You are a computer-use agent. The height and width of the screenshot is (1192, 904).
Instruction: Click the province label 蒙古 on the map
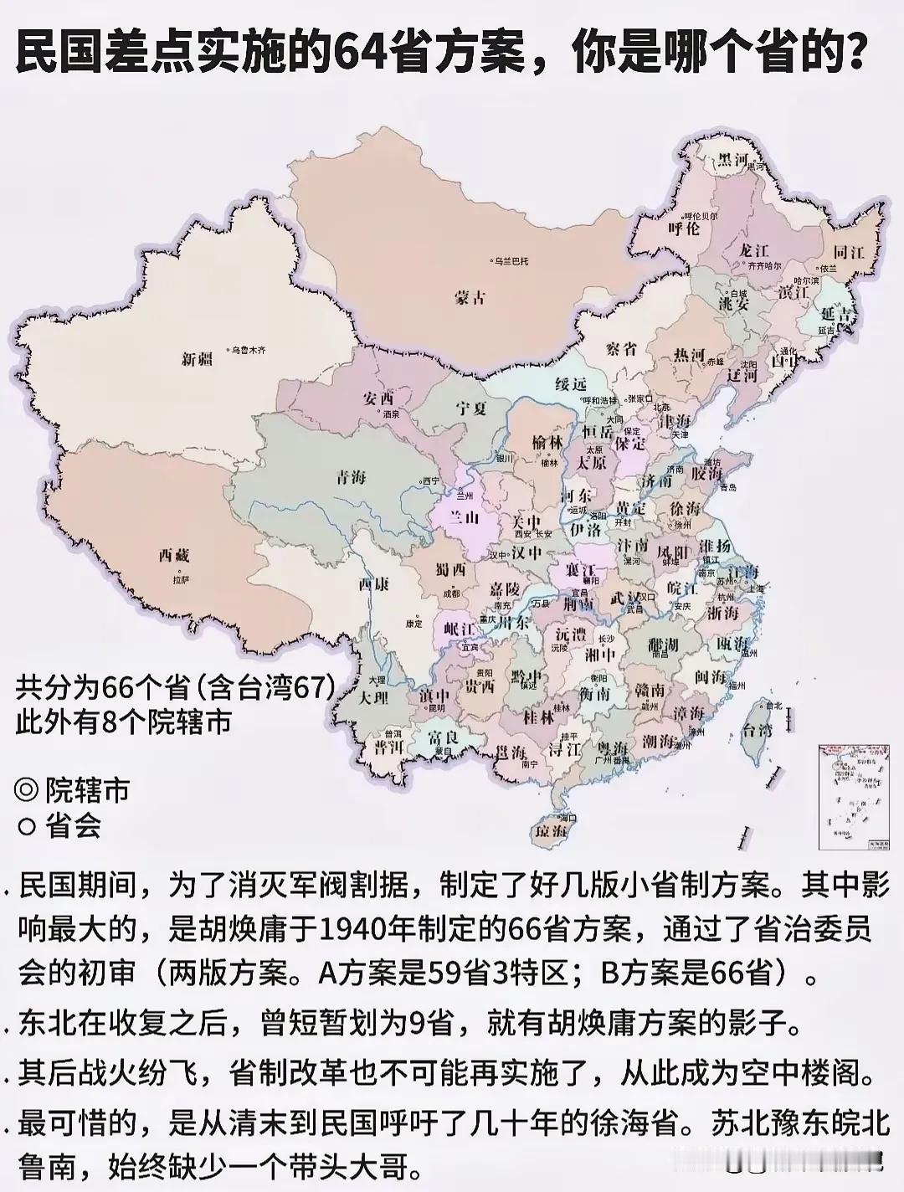point(470,297)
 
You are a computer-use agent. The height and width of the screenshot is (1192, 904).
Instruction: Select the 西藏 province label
point(174,555)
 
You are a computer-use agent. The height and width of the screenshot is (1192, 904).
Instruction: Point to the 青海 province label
point(352,478)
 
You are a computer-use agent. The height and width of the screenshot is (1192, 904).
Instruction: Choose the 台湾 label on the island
point(759,730)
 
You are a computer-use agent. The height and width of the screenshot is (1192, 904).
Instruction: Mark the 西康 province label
point(373,584)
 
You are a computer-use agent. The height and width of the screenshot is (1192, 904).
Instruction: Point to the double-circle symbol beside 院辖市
point(27,789)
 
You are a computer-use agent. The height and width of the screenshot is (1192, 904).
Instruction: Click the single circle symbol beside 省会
point(27,827)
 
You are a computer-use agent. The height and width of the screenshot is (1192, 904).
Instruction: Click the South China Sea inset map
point(853,799)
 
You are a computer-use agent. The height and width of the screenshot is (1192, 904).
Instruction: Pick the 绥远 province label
point(573,384)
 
